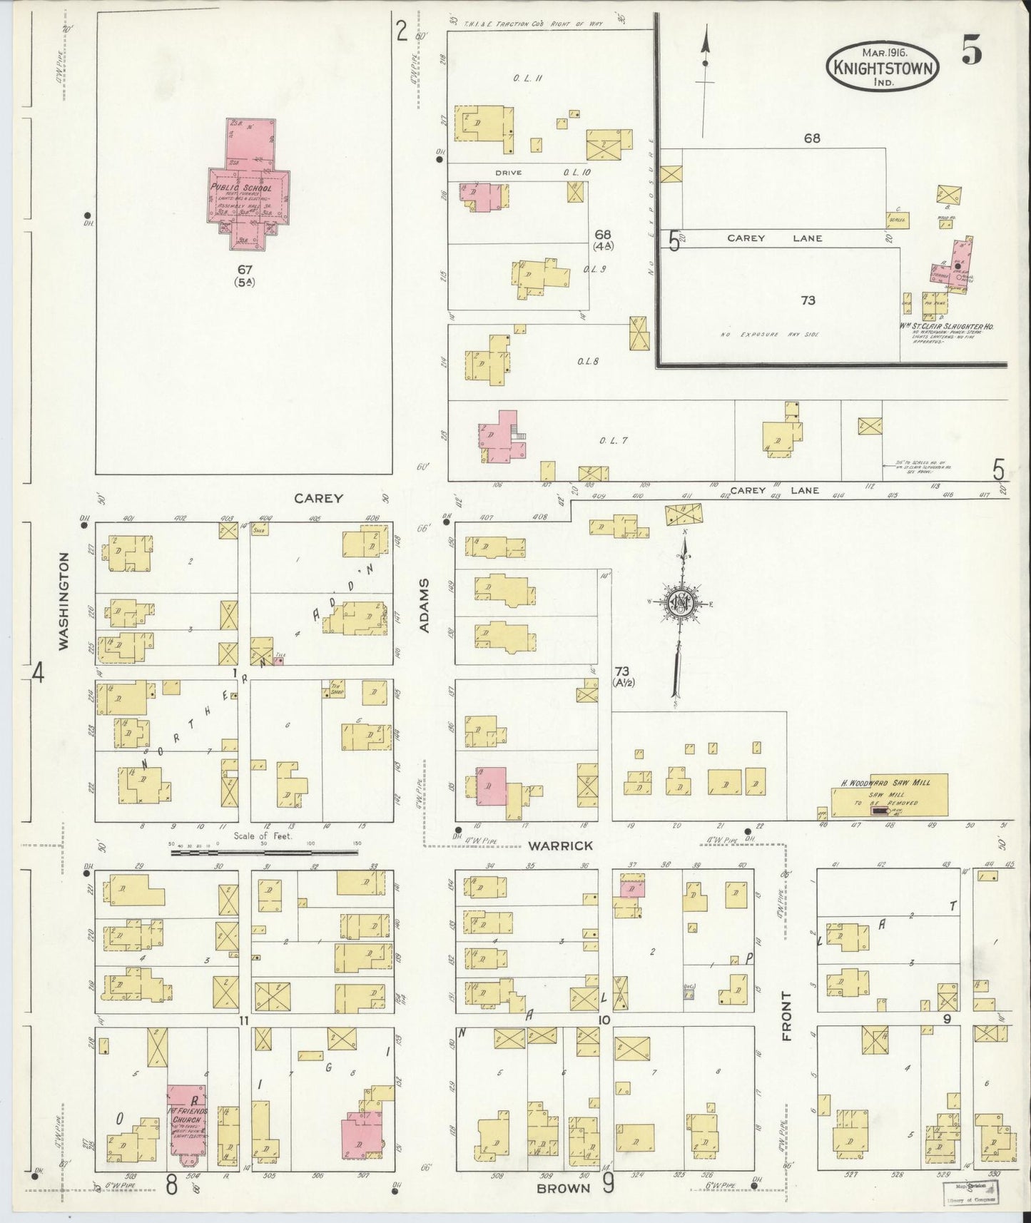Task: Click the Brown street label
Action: [x=564, y=1188]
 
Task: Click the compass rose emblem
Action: [x=680, y=603]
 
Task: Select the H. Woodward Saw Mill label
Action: [x=883, y=783]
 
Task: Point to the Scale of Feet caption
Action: [x=263, y=836]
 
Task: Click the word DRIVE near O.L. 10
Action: [x=509, y=173]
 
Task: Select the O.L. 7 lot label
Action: [x=613, y=440]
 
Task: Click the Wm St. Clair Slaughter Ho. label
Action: [x=946, y=326]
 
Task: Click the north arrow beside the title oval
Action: [x=706, y=78]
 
